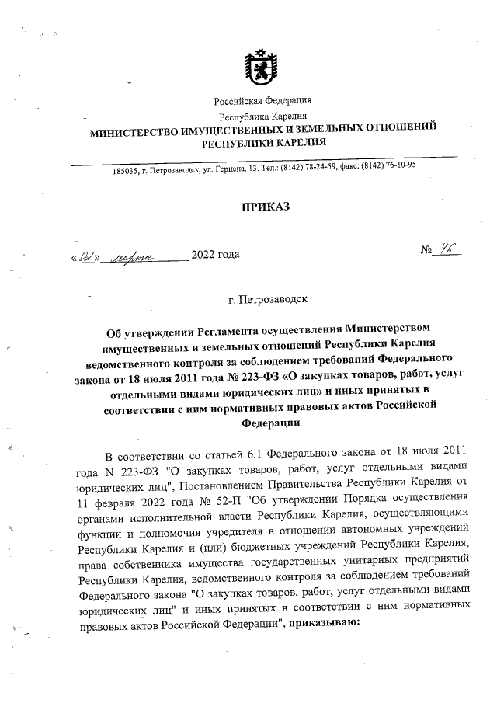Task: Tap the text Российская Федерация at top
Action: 263,100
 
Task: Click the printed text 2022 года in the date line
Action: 215,254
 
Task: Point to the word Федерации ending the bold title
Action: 265,423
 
